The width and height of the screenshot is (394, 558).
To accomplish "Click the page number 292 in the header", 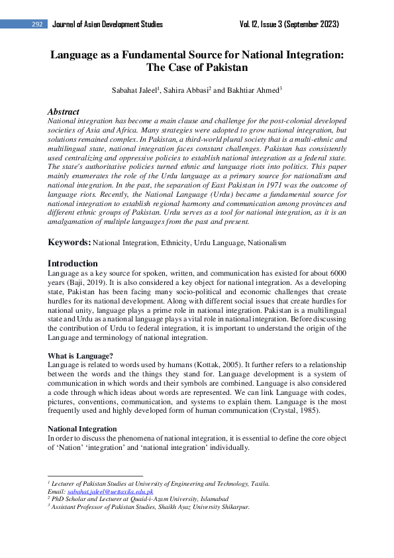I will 37,25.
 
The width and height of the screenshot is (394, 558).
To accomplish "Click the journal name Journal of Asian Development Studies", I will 107,25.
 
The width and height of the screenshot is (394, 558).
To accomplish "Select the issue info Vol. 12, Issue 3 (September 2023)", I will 289,25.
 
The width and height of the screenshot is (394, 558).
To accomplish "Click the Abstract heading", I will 63,112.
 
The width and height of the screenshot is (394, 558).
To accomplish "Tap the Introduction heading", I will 73,263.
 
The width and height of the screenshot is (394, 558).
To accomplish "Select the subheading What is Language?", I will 81,356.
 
